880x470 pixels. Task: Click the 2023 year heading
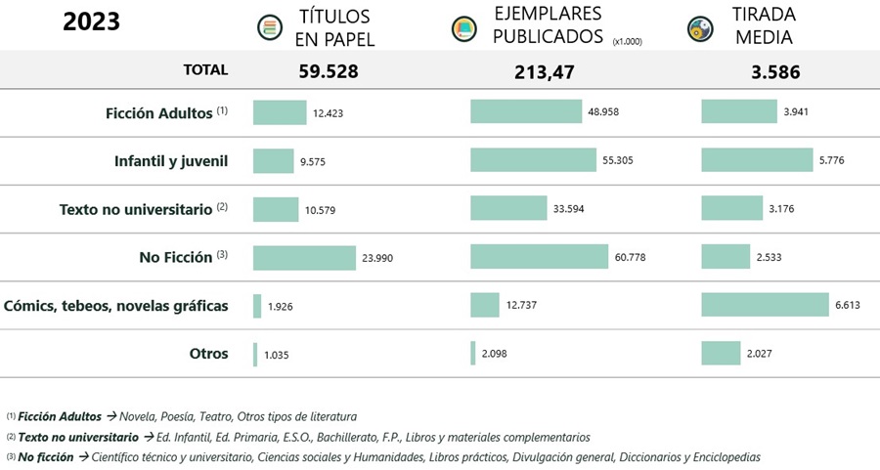(91, 21)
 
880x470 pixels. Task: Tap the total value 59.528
(329, 70)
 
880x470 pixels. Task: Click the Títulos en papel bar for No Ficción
(304, 258)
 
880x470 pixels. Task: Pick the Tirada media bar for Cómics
(765, 305)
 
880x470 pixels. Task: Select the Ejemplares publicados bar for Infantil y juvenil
(533, 159)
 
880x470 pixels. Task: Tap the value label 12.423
(329, 113)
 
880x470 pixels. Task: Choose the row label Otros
(209, 354)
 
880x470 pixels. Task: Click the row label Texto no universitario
(143, 209)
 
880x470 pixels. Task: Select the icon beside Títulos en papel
(266, 27)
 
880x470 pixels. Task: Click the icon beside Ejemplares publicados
(462, 28)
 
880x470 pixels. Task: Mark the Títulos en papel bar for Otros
(255, 354)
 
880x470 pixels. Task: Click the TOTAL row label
(205, 70)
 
